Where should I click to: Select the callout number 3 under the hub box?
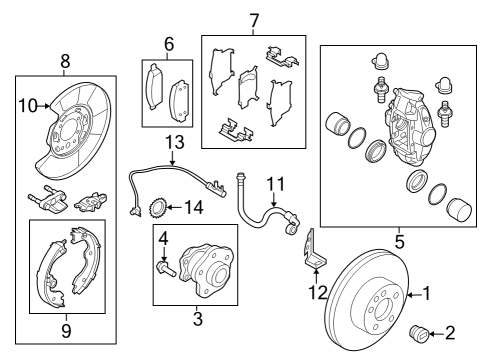pyautogui.click(x=197, y=320)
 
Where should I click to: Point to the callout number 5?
pyautogui.click(x=399, y=240)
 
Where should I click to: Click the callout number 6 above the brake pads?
pyautogui.click(x=169, y=44)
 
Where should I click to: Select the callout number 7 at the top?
pyautogui.click(x=254, y=19)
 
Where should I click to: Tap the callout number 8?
pyautogui.click(x=65, y=59)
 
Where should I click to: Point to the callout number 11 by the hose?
pyautogui.click(x=276, y=183)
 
